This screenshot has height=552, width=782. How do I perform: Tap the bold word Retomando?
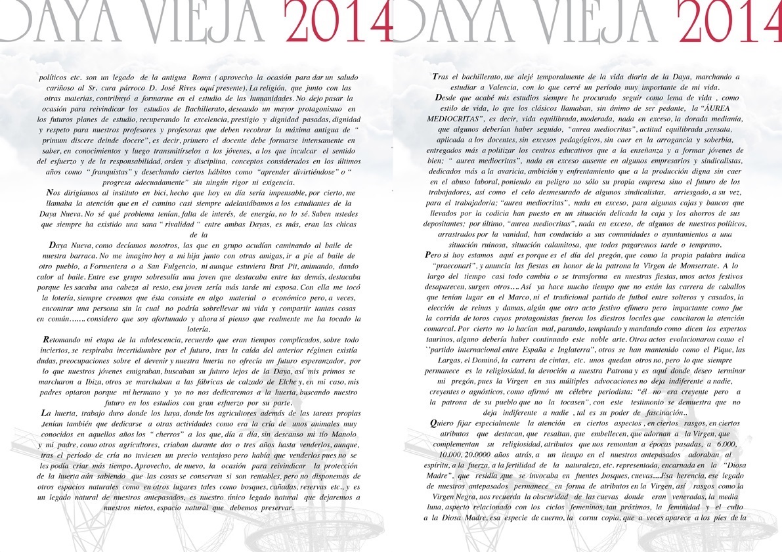pos(64,340)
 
